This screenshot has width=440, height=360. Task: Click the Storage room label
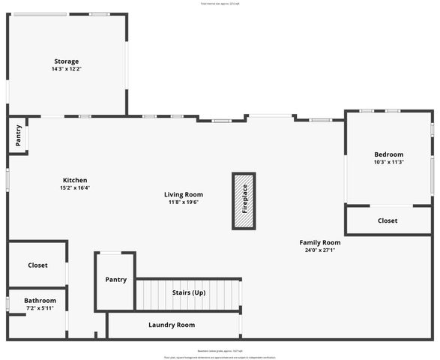[66, 61]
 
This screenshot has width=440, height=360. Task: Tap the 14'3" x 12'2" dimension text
[66, 69]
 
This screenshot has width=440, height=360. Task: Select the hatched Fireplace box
[244, 202]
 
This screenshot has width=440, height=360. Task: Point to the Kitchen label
[75, 180]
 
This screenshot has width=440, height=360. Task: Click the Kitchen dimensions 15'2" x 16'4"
[75, 187]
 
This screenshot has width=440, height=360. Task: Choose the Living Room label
[184, 194]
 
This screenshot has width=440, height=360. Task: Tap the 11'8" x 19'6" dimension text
[184, 202]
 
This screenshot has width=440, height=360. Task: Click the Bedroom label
[389, 154]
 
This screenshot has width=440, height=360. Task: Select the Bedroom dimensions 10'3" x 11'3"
[389, 162]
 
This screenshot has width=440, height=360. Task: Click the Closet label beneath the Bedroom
[388, 220]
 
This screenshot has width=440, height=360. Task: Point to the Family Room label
[320, 242]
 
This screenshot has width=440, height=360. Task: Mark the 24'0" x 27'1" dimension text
[320, 250]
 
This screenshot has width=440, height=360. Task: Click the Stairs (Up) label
[189, 292]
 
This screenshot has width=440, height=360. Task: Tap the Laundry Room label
[172, 325]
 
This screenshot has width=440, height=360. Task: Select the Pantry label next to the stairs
[115, 280]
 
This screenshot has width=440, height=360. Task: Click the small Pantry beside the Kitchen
[18, 136]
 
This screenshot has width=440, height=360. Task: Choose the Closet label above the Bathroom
[37, 265]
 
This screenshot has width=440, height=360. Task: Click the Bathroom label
[40, 300]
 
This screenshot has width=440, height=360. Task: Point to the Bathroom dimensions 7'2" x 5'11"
[40, 307]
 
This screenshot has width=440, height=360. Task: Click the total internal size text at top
[220, 4]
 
